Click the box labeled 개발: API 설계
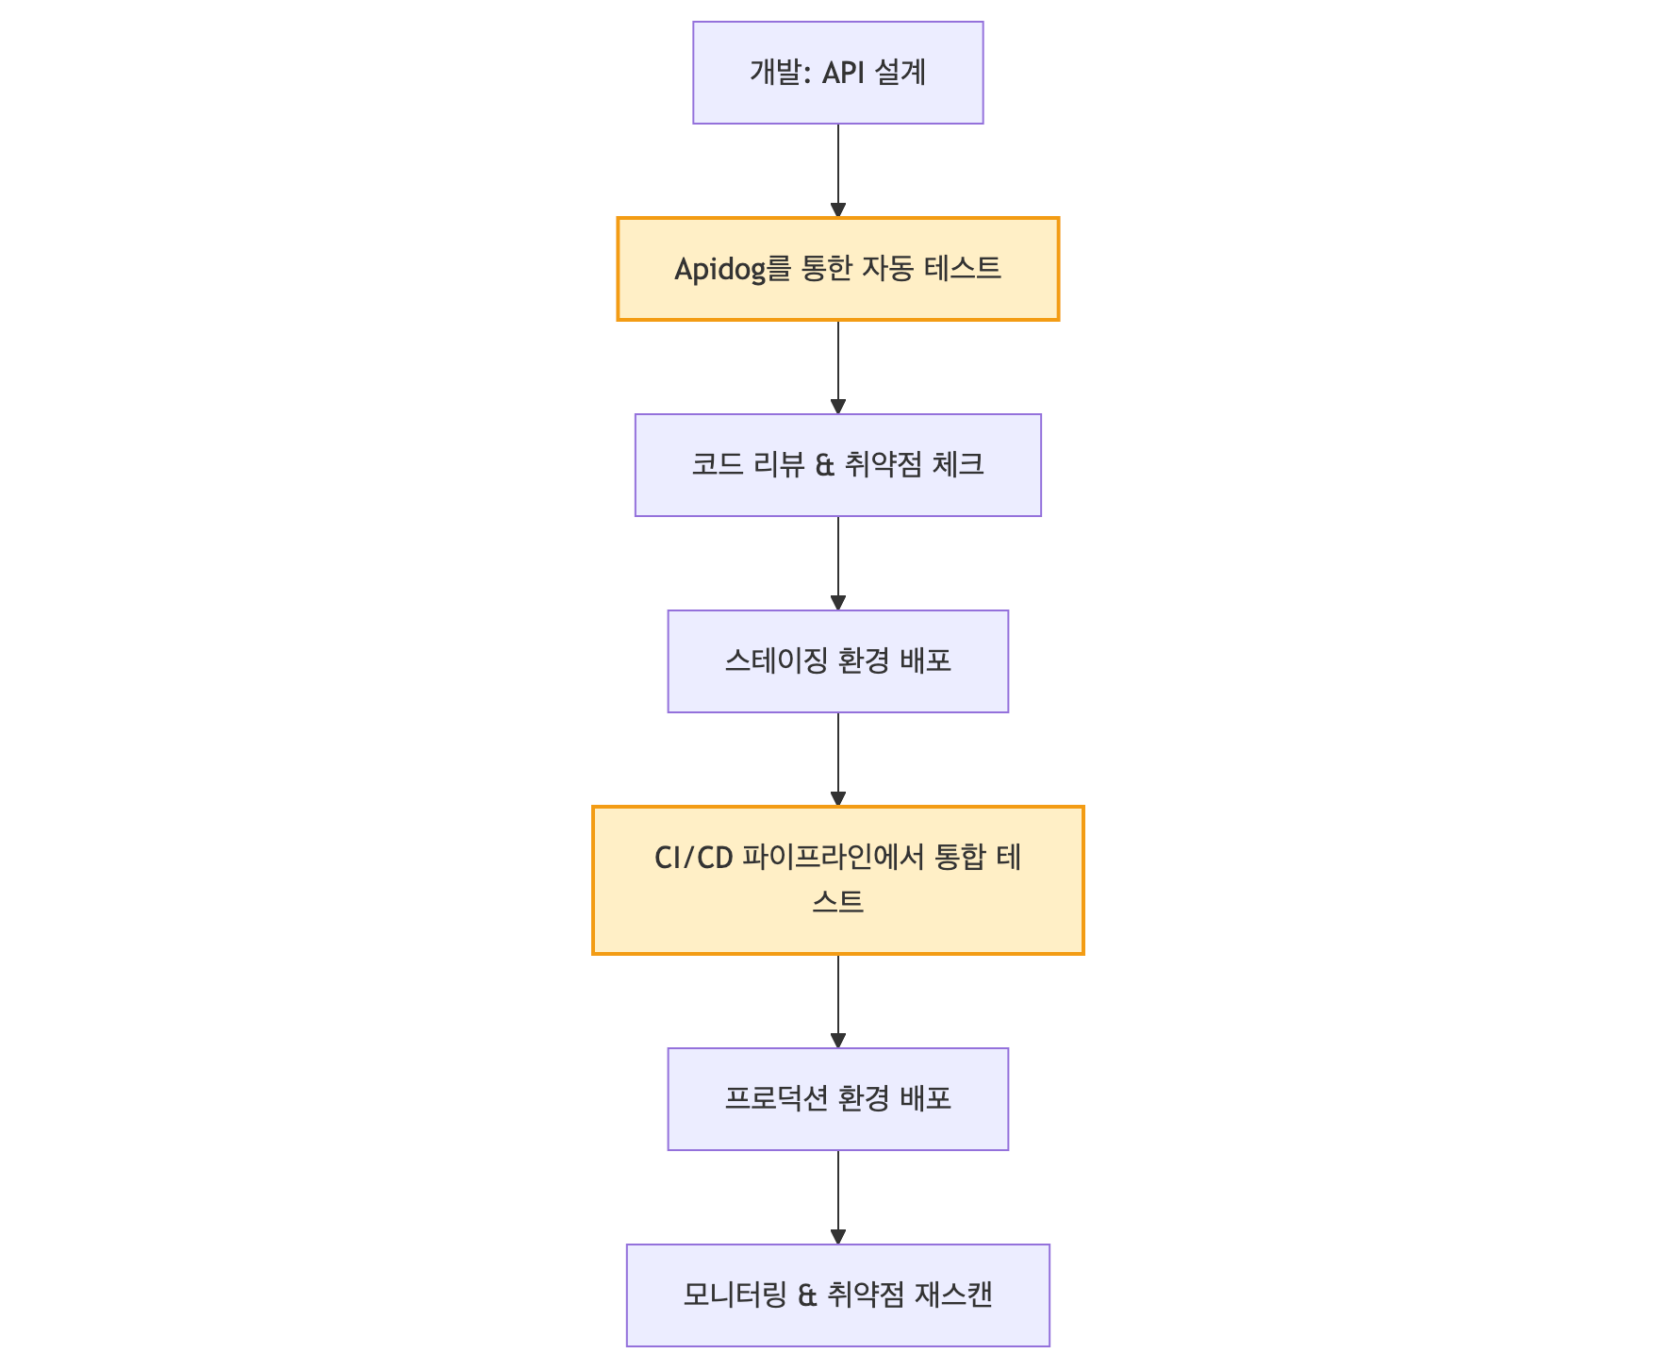[837, 73]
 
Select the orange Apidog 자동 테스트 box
[837, 269]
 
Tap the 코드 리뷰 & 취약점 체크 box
[837, 465]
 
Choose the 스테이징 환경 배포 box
[837, 661]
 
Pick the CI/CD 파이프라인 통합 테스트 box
[837, 880]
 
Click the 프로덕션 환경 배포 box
[837, 1099]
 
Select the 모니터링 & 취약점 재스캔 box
[837, 1295]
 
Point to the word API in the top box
[843, 73]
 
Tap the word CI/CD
[693, 858]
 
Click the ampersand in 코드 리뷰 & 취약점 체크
[824, 465]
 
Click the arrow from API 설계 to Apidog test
[837, 170]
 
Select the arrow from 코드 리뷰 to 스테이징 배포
[837, 562]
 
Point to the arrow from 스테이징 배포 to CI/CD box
[837, 759]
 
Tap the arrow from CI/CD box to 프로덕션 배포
[837, 1000]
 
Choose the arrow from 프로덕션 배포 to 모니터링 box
[837, 1196]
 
